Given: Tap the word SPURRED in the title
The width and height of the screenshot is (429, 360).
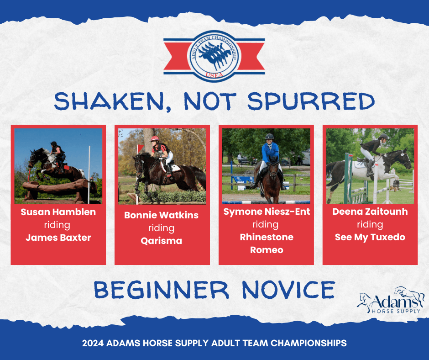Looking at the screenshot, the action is point(311,101).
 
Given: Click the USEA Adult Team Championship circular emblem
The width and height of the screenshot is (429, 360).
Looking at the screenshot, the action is point(214,56).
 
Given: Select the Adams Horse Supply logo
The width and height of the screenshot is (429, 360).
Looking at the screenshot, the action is point(391,300).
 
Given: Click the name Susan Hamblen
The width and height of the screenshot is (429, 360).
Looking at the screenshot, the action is point(58,212).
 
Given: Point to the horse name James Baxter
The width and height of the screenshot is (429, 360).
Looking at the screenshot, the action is point(58,238).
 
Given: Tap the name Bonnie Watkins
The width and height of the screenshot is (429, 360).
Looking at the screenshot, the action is point(162,215).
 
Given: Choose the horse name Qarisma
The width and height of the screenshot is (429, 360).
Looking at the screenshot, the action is point(162,241).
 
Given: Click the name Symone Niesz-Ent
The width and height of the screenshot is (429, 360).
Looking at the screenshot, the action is point(267,212).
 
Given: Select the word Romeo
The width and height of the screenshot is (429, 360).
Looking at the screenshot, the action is point(267,250).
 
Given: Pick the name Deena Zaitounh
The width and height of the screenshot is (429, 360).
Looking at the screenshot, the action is point(370,212).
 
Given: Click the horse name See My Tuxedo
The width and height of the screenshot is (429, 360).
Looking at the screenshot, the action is point(370,237).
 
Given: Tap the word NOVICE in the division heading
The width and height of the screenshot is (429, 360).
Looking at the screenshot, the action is point(288,290).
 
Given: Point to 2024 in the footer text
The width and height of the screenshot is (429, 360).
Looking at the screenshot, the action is point(93,343).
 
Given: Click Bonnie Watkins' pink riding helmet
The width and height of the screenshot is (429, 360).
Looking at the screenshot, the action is point(154,138).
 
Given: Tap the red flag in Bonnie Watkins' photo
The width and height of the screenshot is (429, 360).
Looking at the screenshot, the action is point(141,148).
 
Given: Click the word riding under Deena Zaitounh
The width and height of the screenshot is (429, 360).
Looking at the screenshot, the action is point(370,225).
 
